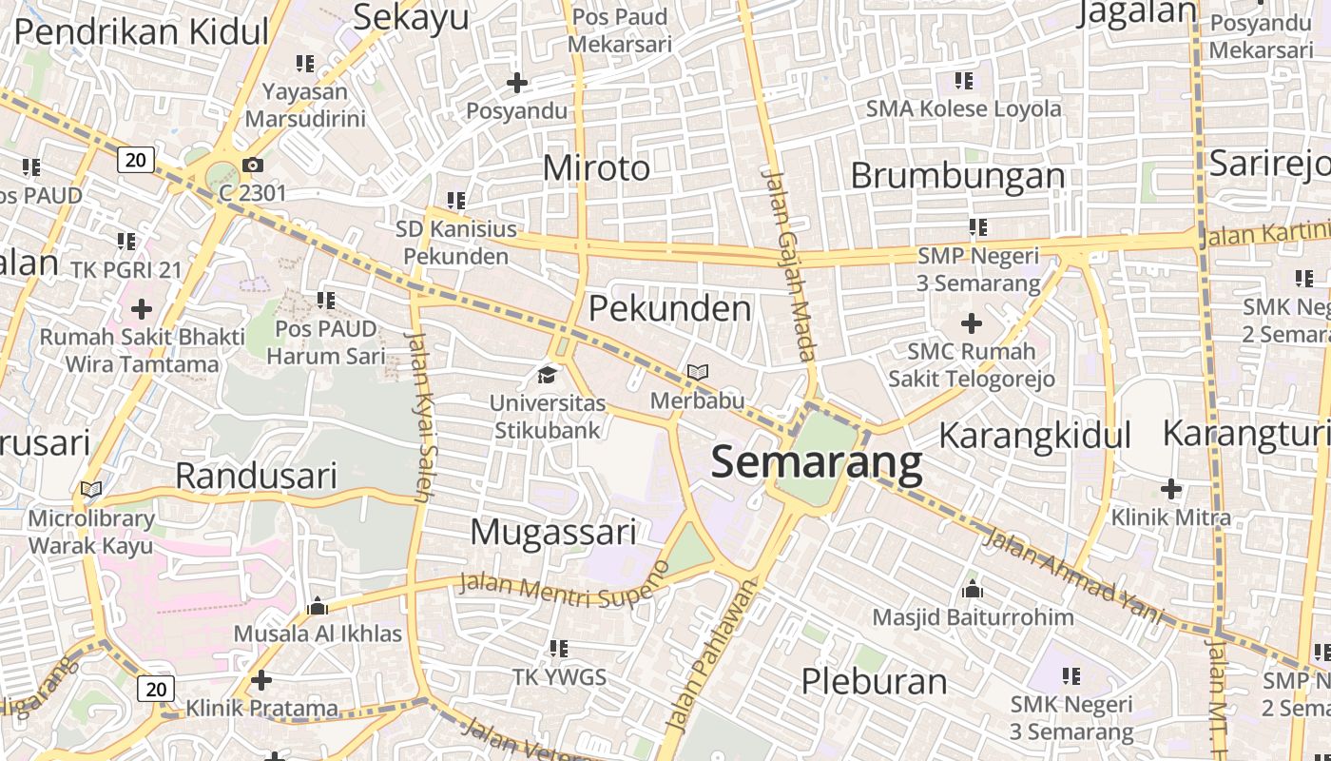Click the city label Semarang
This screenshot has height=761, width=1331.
(816, 463)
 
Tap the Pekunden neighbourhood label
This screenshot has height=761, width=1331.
(669, 308)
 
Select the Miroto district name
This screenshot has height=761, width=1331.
(596, 168)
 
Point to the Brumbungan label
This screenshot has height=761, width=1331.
(957, 175)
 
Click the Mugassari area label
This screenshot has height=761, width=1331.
(552, 532)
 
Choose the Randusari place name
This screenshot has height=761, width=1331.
(257, 476)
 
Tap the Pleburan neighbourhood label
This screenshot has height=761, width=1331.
(874, 681)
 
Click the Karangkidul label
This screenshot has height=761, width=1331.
(1034, 436)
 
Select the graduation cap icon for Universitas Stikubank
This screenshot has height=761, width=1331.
(547, 375)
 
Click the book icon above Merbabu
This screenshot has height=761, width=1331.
(698, 372)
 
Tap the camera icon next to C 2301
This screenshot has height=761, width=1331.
(253, 166)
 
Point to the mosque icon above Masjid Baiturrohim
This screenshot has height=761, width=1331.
(972, 589)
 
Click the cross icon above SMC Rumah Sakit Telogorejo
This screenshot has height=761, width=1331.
(971, 323)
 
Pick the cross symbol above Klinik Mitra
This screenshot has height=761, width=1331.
(1171, 489)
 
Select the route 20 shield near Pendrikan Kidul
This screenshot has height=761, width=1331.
(136, 159)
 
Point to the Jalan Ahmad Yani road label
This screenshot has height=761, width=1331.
(1073, 576)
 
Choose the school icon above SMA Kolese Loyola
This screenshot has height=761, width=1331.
(963, 81)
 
